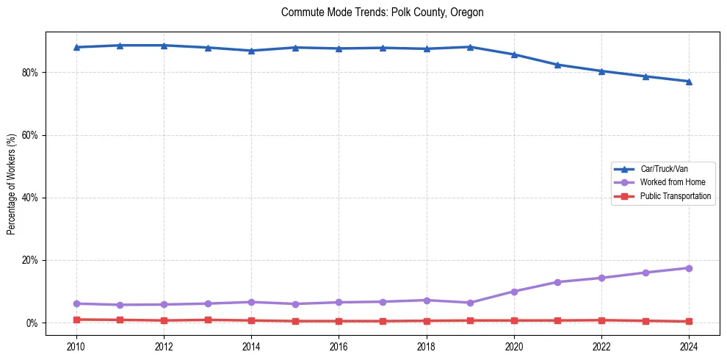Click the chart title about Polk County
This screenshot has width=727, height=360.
tap(382, 12)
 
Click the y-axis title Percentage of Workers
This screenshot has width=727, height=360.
tap(12, 184)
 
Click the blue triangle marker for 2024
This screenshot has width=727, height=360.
tap(689, 82)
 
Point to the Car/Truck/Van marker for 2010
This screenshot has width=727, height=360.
tap(76, 47)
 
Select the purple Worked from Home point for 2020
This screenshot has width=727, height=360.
tap(514, 292)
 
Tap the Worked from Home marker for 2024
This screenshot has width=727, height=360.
tap(689, 268)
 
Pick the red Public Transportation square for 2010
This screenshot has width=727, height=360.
tap(76, 320)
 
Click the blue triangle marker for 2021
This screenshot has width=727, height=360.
tap(557, 65)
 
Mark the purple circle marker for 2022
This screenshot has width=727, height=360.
tap(601, 278)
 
